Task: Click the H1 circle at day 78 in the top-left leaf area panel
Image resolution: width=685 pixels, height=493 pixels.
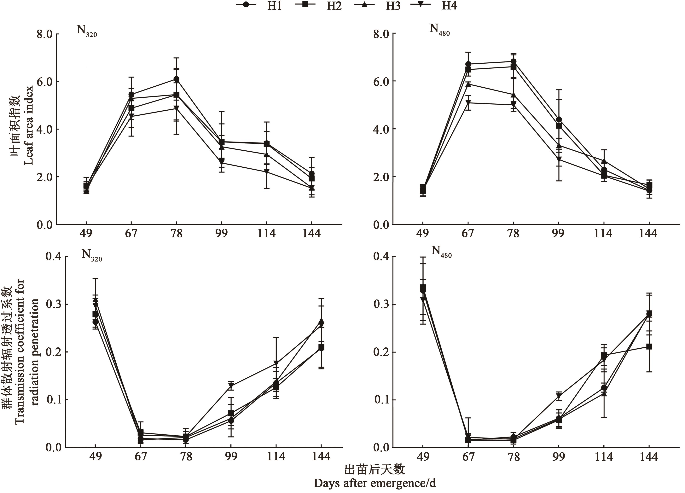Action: (176, 79)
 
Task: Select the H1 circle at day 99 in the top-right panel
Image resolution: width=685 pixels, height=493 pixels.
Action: (559, 119)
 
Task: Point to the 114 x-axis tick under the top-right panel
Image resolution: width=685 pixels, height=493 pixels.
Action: (603, 233)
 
